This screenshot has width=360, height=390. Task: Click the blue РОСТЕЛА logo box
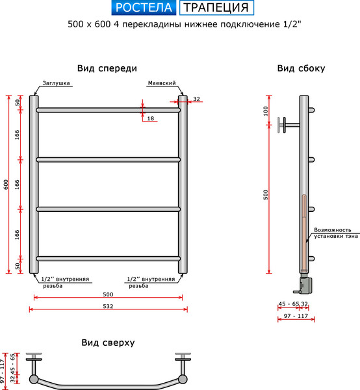click(144, 8)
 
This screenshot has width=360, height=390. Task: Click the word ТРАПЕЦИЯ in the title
click(215, 8)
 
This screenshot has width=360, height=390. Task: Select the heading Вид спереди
click(107, 68)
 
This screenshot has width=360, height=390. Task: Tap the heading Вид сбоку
click(301, 68)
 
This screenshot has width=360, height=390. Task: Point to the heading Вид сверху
click(108, 343)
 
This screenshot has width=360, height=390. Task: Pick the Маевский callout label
click(162, 84)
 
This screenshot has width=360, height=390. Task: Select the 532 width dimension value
click(108, 306)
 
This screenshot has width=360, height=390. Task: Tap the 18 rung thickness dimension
click(151, 118)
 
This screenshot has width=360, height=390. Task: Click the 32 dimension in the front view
click(196, 99)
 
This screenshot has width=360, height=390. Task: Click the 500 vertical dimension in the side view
click(266, 195)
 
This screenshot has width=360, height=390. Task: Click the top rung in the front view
click(108, 110)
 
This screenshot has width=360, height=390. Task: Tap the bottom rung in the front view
click(108, 258)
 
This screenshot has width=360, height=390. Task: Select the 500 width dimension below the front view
click(108, 294)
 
